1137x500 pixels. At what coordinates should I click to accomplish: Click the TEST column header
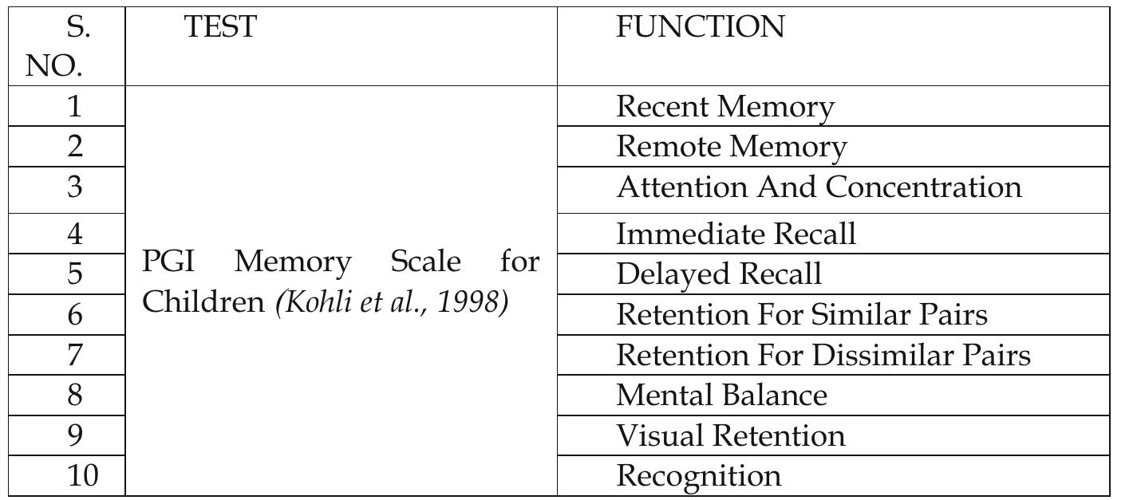pyautogui.click(x=220, y=27)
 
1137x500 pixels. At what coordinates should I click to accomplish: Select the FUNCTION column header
pyautogui.click(x=700, y=27)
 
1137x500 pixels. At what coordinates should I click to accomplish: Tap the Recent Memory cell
pyautogui.click(x=725, y=107)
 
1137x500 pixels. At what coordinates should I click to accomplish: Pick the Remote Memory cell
pyautogui.click(x=732, y=147)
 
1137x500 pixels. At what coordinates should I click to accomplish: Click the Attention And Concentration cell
pyautogui.click(x=819, y=187)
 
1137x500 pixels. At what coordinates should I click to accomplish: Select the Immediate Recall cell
pyautogui.click(x=736, y=234)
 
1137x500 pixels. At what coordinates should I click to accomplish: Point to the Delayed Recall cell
pyautogui.click(x=719, y=274)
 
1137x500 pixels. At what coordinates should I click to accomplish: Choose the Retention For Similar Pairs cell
pyautogui.click(x=802, y=315)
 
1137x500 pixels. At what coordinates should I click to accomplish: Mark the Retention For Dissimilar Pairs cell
pyautogui.click(x=823, y=355)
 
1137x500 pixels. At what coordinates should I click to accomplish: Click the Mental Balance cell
pyautogui.click(x=722, y=396)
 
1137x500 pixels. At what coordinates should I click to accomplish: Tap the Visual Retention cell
pyautogui.click(x=730, y=436)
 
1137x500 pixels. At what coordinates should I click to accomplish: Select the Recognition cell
pyautogui.click(x=699, y=476)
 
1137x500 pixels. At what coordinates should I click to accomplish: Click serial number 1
pyautogui.click(x=74, y=107)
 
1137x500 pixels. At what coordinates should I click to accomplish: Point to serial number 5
pyautogui.click(x=74, y=274)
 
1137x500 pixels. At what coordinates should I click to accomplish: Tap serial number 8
pyautogui.click(x=74, y=396)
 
